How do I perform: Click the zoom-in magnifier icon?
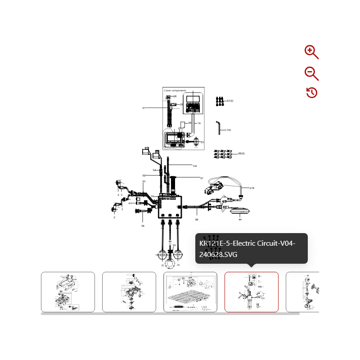click(x=311, y=52)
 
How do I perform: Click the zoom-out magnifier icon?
click(x=311, y=73)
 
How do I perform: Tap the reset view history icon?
click(x=312, y=93)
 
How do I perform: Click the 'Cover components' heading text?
click(x=175, y=90)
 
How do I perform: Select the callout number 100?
click(x=229, y=130)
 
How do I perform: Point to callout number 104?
click(x=194, y=166)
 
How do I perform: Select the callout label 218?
click(x=252, y=188)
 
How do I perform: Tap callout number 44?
click(x=240, y=220)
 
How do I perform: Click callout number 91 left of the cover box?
click(x=144, y=108)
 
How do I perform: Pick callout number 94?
click(x=143, y=225)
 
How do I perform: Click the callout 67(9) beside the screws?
click(x=230, y=101)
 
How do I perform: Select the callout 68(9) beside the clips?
click(x=241, y=153)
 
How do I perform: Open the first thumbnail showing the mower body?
click(x=68, y=292)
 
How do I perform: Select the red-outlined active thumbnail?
click(x=251, y=292)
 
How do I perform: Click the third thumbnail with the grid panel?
click(x=190, y=292)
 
